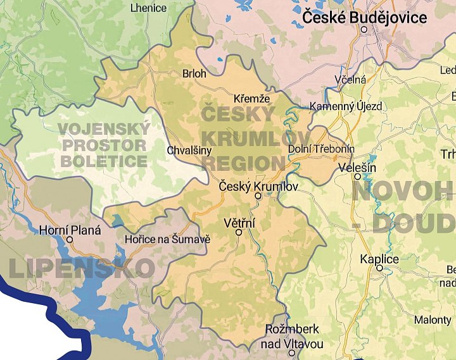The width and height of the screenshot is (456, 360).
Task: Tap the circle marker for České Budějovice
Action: [x=364, y=29]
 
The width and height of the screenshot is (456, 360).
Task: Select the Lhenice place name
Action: [x=148, y=8]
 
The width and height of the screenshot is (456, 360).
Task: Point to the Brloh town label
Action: [x=194, y=73]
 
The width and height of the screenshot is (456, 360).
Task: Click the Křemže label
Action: [x=251, y=99]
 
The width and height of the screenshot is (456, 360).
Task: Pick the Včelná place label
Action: [x=350, y=80]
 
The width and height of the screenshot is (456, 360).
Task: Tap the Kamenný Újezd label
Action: [x=346, y=106]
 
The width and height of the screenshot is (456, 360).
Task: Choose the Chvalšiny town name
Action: [x=189, y=151]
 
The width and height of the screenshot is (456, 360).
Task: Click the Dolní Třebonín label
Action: [x=321, y=149]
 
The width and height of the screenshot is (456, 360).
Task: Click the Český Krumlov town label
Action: [x=258, y=186]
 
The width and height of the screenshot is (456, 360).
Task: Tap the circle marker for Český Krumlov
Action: [x=258, y=196]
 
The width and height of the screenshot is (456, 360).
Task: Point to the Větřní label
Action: [x=239, y=223]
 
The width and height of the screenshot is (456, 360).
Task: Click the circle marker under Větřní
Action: [x=239, y=232]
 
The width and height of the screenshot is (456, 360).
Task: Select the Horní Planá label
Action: [x=70, y=230]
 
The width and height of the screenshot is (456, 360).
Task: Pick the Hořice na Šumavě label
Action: [x=167, y=240]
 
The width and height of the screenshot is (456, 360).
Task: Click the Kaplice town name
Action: [x=379, y=259]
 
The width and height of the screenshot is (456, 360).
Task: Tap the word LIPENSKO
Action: [x=81, y=268]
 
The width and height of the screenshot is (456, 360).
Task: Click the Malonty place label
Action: [x=433, y=320]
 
